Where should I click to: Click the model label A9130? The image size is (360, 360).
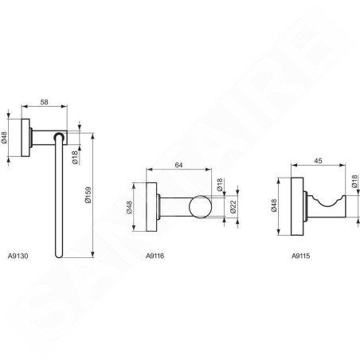tap(18, 256)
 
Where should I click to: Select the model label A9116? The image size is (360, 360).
tap(155, 256)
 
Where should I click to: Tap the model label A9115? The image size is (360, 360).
tap(301, 256)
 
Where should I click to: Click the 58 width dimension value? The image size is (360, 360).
tap(45, 102)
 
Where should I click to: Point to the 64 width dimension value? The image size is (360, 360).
tap(178, 165)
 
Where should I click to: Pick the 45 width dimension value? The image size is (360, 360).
tap(318, 161)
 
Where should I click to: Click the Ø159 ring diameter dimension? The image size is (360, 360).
tap(88, 195)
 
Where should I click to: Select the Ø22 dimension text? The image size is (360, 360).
tap(233, 207)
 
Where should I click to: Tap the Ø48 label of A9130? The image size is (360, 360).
tap(4, 138)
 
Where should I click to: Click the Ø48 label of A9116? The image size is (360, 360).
tap(129, 207)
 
